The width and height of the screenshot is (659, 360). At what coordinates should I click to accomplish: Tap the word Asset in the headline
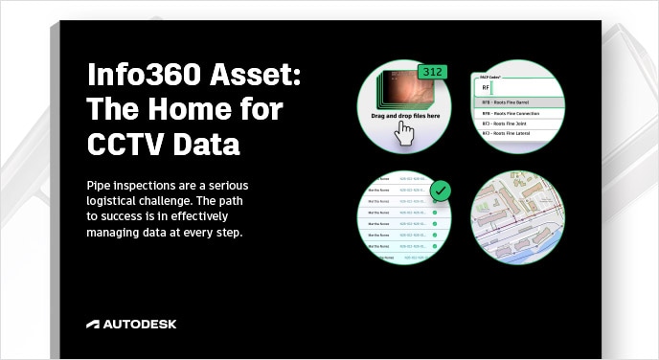coord(250,78)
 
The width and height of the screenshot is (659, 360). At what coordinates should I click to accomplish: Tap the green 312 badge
coord(432,73)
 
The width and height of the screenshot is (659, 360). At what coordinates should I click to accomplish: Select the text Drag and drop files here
coord(405,115)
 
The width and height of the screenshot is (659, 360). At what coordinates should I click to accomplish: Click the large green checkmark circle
coord(441,191)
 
